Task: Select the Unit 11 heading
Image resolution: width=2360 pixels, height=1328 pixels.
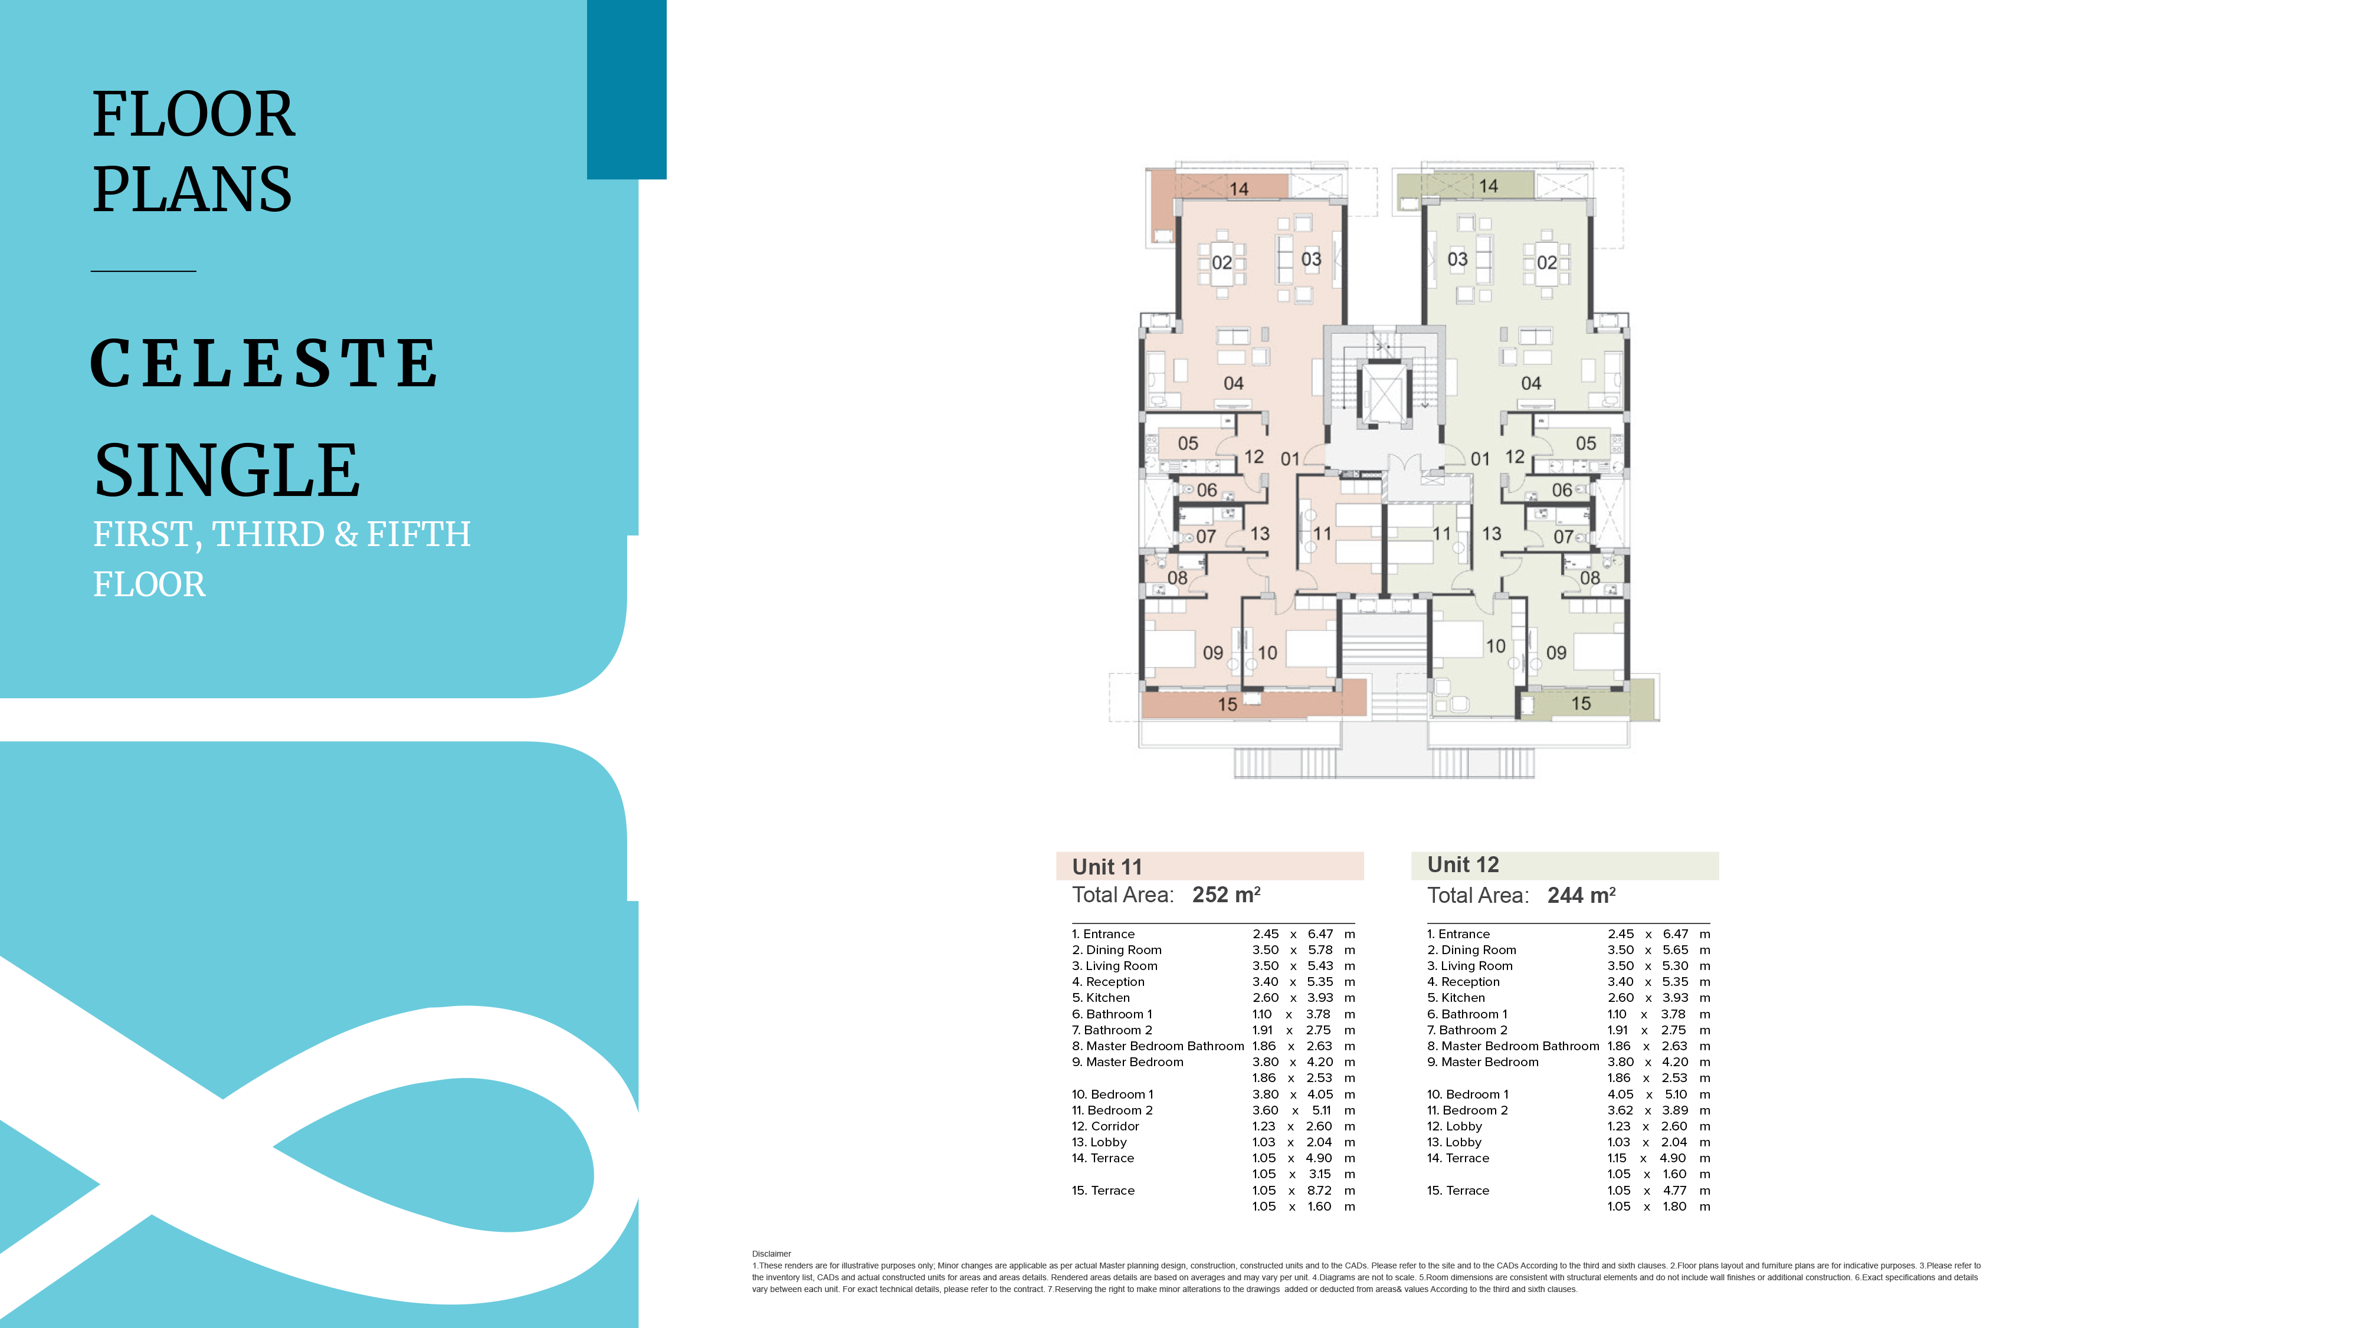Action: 1107,866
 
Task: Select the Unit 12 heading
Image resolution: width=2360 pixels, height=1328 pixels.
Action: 1463,864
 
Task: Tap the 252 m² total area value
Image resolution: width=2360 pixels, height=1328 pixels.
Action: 1226,895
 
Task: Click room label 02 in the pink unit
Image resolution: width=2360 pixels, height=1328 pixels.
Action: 1222,263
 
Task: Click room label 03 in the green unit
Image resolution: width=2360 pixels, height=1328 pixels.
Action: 1457,259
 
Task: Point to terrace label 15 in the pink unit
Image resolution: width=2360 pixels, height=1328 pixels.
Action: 1228,704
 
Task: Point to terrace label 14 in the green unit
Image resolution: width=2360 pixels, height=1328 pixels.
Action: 1489,186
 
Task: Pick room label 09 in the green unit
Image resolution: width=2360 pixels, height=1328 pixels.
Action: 1556,653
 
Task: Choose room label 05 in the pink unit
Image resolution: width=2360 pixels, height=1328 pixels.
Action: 1188,443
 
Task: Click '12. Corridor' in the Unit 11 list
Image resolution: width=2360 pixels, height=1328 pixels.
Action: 1105,1126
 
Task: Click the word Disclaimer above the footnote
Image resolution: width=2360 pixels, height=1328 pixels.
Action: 771,1254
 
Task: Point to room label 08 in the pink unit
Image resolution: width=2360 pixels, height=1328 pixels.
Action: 1177,578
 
